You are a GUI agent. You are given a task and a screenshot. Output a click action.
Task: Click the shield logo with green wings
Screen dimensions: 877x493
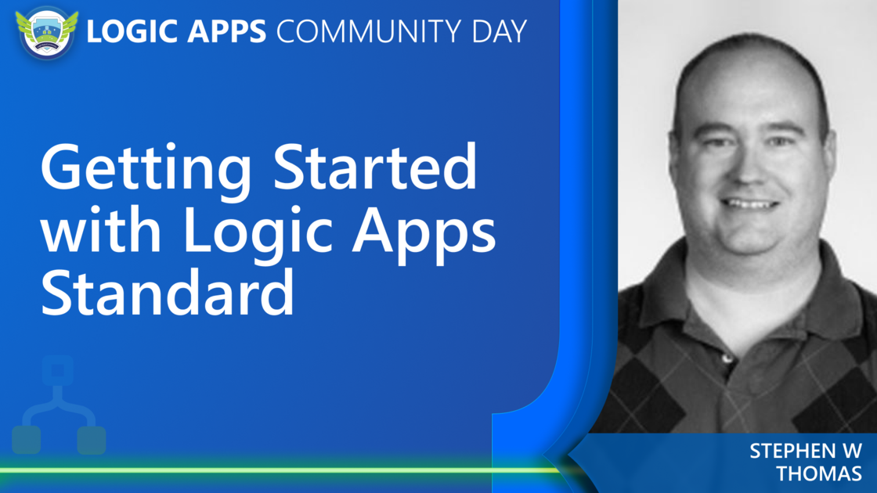pos(47,32)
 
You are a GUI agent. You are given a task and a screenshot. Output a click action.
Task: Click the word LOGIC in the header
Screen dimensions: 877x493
pos(132,31)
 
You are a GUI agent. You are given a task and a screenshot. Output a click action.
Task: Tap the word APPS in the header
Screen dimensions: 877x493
pos(226,31)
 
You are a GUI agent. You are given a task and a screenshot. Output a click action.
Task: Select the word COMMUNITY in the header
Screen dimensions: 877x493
pos(369,31)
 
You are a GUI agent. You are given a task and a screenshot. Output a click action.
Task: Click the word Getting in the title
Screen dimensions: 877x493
pos(146,170)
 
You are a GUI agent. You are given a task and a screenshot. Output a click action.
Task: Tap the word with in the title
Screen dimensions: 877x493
pos(101,229)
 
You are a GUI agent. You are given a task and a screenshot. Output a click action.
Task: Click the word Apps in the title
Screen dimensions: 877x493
pos(424,234)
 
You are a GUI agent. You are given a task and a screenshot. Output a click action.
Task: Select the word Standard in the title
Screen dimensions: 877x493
pos(168,293)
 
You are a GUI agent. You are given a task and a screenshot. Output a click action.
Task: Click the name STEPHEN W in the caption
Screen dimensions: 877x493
pos(806,451)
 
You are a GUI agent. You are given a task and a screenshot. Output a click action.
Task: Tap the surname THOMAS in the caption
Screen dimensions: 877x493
pos(819,473)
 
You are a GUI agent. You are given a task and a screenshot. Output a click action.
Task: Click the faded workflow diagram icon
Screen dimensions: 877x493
pos(59,404)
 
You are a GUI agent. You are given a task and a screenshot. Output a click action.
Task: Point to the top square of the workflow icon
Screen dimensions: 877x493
pos(58,370)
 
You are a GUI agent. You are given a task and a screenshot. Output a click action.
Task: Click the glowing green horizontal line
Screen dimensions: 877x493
pos(280,470)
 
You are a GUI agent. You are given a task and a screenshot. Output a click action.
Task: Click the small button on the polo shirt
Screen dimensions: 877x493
pos(727,358)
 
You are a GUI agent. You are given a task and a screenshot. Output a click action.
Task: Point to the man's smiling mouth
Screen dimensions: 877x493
pos(749,204)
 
